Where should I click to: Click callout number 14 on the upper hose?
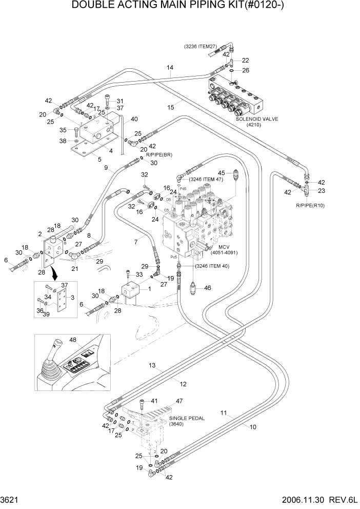click(x=170, y=67)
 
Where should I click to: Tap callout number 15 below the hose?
click(x=171, y=106)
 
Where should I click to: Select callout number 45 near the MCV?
click(x=222, y=172)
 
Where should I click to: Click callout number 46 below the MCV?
click(x=207, y=288)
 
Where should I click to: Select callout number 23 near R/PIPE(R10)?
click(x=322, y=191)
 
